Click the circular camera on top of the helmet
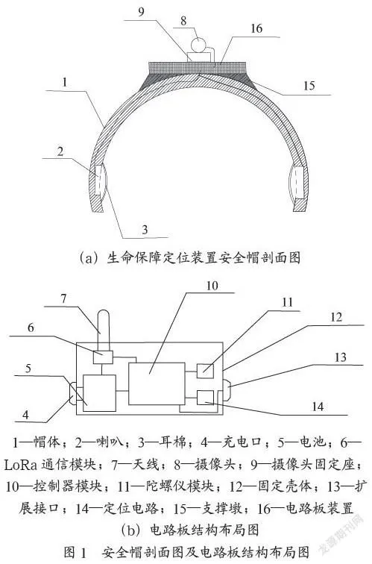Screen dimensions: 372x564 point(198,45)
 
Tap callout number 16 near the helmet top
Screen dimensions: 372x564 point(256,28)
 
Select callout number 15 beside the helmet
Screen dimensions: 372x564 point(309,86)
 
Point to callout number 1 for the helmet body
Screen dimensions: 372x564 point(65,82)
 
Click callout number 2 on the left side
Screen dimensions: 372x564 point(60,151)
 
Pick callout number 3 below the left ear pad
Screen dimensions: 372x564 point(145,229)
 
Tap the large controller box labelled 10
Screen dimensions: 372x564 point(157,383)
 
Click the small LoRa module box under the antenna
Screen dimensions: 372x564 point(103,357)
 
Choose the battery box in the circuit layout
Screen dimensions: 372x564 point(99,392)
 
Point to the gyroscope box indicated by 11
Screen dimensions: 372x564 point(205,371)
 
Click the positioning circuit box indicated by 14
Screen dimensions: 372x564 point(205,397)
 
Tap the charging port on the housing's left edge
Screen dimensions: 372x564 point(72,393)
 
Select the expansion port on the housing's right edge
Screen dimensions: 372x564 point(227,390)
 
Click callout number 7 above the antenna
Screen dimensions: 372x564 point(63,298)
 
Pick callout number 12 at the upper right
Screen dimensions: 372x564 point(336,317)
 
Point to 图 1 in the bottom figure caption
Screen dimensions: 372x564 point(75,552)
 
